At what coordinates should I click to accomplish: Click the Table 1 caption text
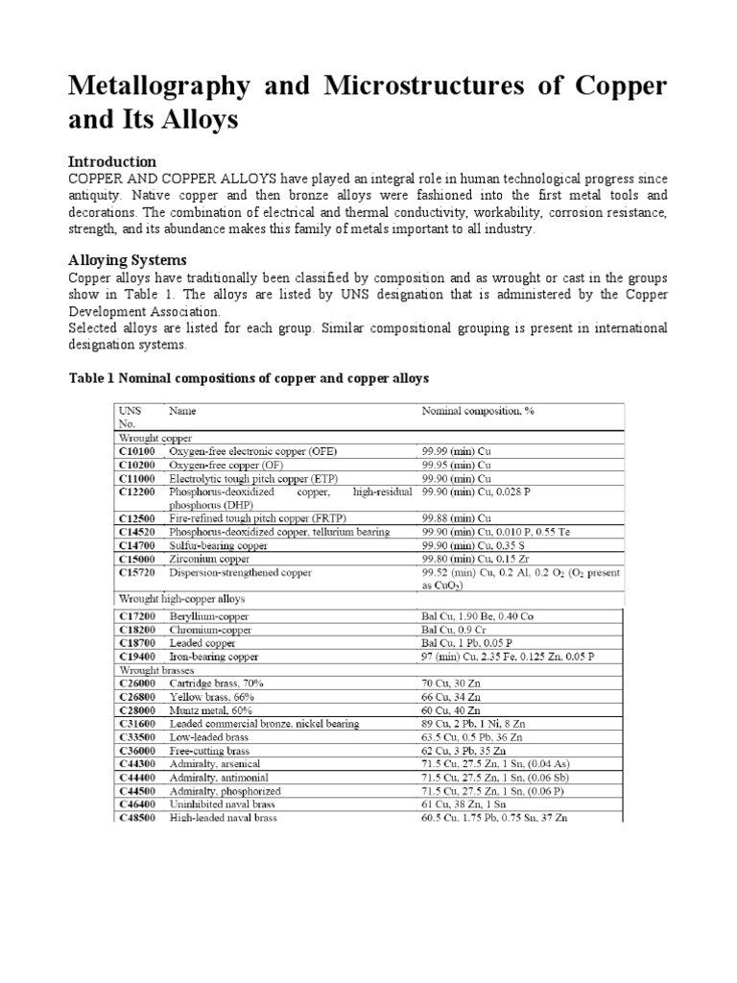pyautogui.click(x=249, y=378)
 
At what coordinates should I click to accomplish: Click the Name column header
pyautogui.click(x=182, y=411)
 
